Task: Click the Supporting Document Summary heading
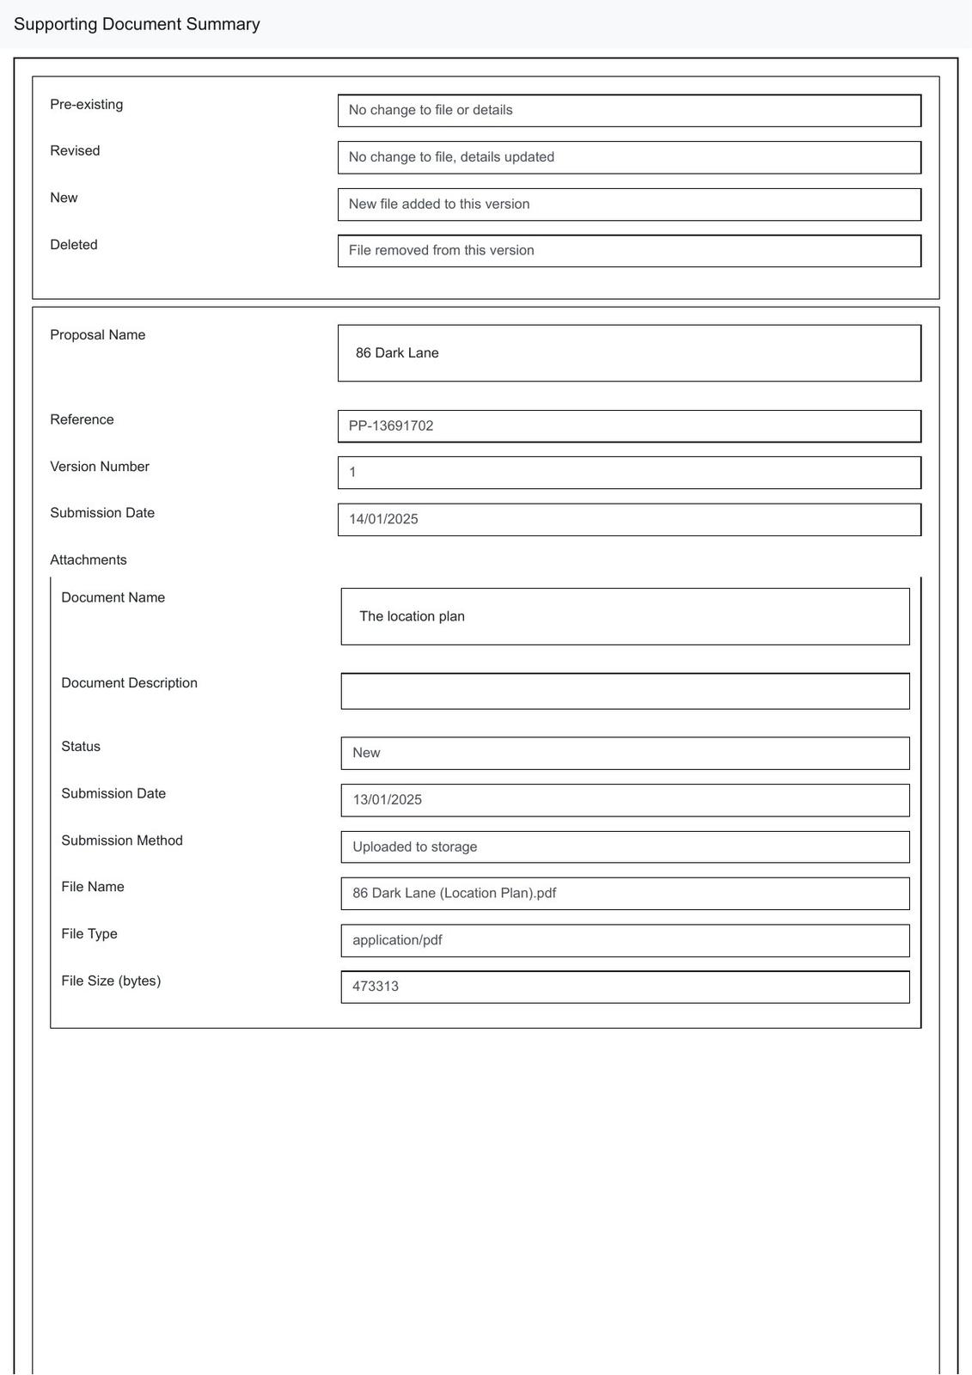137,24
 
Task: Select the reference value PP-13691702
391,426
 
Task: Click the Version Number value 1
352,473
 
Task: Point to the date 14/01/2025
383,519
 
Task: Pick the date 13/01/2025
387,800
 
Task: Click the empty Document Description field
625,692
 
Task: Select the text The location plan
412,616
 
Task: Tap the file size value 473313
376,987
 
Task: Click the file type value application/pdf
397,940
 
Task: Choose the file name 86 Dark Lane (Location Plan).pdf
454,894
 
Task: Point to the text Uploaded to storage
414,846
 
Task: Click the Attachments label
89,560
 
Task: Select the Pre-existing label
86,105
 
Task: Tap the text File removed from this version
441,251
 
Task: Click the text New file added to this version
438,205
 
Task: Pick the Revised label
75,151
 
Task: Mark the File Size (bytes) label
111,981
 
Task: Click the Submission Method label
122,840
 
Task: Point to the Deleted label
74,245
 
